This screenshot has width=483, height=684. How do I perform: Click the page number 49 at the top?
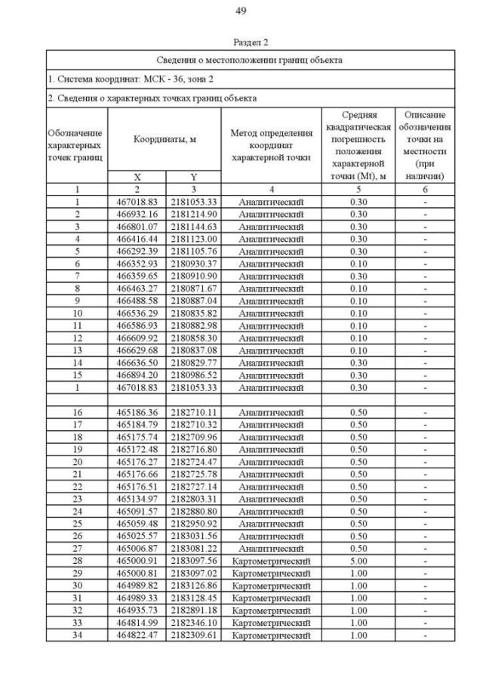pos(241,11)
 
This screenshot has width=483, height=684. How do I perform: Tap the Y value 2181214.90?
pos(194,215)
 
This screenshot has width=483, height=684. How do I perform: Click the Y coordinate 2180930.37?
pos(194,264)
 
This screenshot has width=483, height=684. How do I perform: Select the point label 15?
pos(77,375)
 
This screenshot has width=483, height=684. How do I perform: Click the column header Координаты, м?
pos(165,140)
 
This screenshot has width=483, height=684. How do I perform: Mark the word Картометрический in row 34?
pos(271,636)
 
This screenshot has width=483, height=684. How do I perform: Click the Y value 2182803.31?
pos(194,500)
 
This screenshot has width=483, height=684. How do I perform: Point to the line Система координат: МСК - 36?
pos(132,79)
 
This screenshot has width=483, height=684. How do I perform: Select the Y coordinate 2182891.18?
pos(194,611)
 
